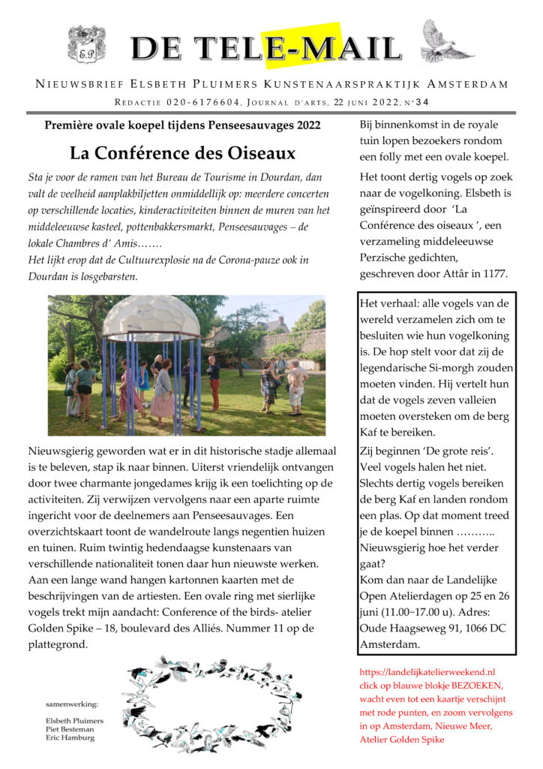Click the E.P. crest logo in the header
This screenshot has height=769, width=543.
pos(86,44)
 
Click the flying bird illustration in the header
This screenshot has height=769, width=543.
pos(448,42)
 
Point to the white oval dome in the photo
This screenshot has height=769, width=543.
pos(151,316)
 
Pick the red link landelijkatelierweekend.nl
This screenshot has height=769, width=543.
pos(427,671)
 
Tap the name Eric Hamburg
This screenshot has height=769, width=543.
pos(69,737)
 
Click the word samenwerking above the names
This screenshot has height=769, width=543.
pos(72,704)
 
